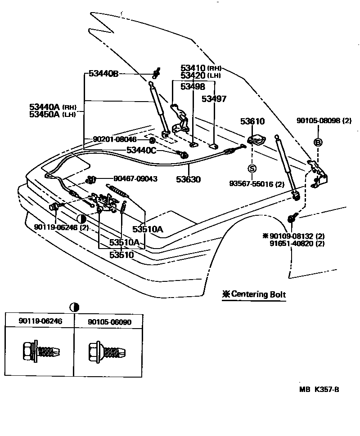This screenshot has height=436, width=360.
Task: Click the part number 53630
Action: (188, 179)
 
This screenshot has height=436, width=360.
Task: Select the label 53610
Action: (252, 121)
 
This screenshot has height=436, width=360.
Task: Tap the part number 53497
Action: (214, 99)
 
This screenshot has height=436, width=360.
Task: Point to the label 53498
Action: (193, 87)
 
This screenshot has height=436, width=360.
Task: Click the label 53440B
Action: (103, 74)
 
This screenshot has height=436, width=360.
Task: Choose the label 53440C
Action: (141, 151)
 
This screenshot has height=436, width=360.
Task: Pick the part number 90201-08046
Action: (115, 140)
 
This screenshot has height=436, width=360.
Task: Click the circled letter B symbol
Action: (318, 142)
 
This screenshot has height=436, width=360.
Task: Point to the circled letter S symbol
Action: (252, 169)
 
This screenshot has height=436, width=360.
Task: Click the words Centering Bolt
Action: (258, 295)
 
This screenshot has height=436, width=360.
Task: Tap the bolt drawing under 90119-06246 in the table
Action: (40, 350)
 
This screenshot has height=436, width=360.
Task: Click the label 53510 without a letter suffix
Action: (121, 254)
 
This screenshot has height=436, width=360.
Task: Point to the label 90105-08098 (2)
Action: (324, 121)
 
